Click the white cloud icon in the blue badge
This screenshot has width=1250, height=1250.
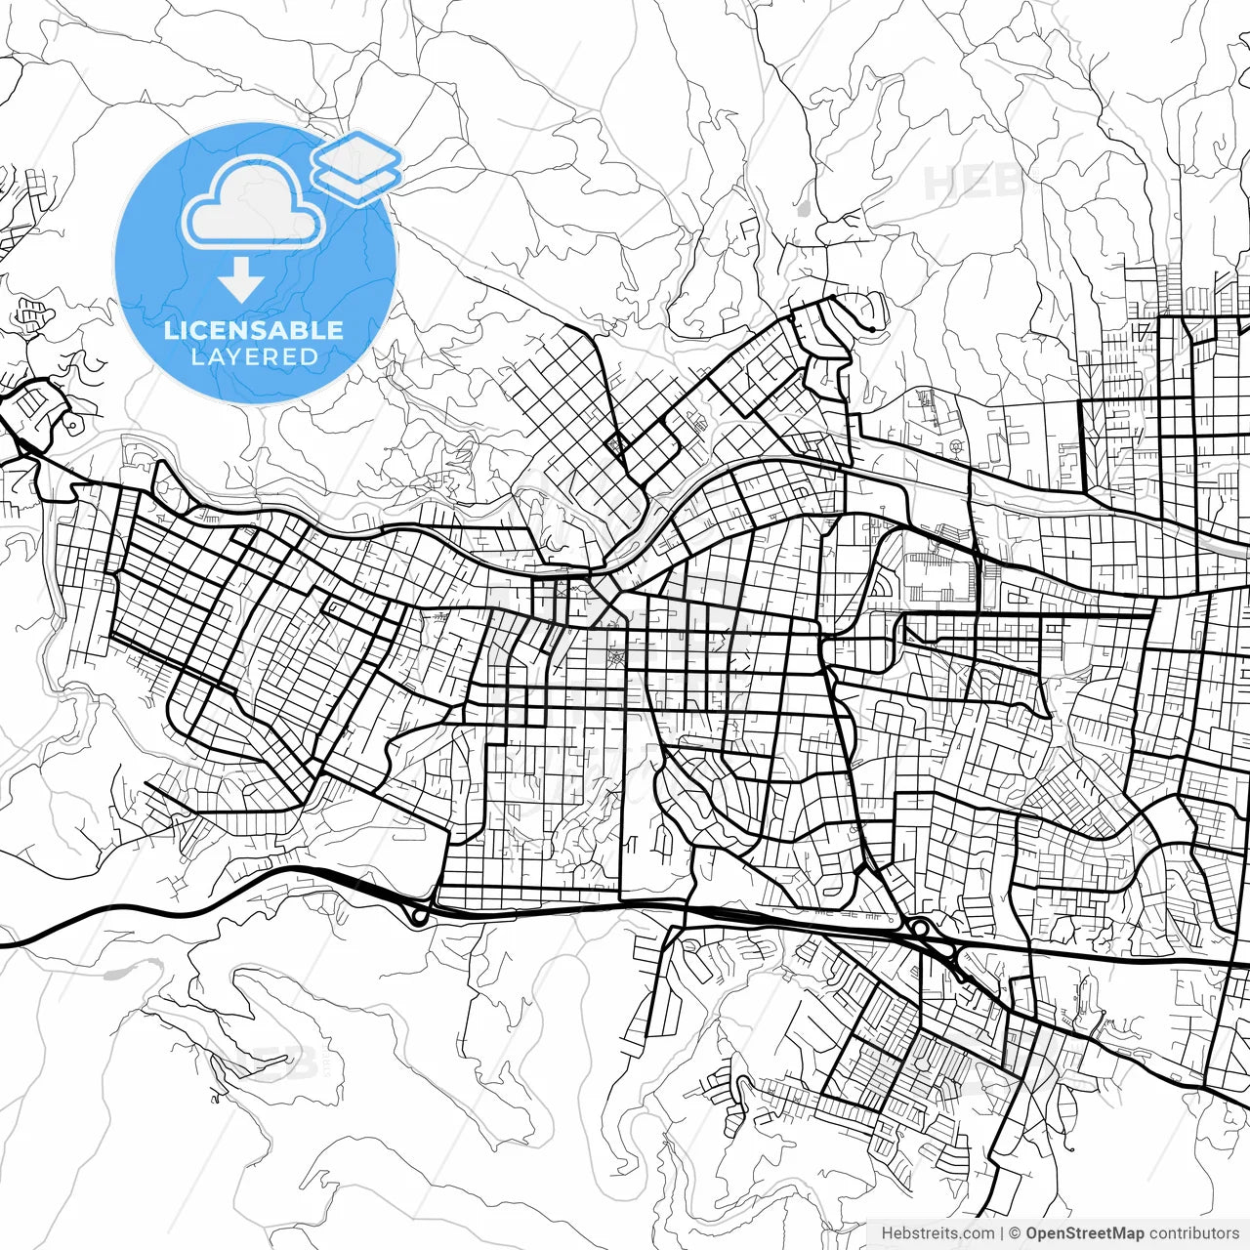[x=254, y=203]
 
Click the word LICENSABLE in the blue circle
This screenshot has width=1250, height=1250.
[x=254, y=330]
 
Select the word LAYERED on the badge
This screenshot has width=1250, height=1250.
[x=254, y=357]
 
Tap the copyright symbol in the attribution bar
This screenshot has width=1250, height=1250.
[x=1015, y=1233]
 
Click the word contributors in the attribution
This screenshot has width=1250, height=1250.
[x=1193, y=1233]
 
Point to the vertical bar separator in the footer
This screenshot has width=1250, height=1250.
[x=1002, y=1233]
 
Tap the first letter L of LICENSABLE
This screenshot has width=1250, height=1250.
[x=170, y=330]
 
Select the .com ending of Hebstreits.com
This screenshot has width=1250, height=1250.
[x=978, y=1233]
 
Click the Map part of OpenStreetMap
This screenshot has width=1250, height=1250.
[x=1127, y=1233]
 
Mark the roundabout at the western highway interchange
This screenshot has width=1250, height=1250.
[x=419, y=916]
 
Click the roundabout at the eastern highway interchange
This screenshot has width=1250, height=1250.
[x=919, y=927]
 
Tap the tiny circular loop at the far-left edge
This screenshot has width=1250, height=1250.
[x=70, y=425]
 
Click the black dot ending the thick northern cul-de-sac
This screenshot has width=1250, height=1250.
[x=870, y=330]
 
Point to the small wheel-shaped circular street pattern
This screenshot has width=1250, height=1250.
[x=956, y=447]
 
